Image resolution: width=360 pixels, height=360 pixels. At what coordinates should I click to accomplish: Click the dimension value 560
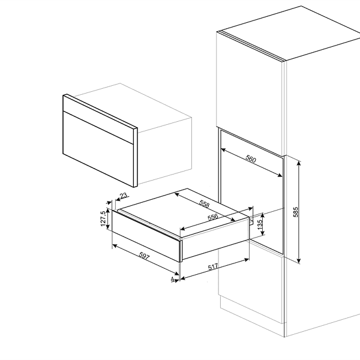[250, 159]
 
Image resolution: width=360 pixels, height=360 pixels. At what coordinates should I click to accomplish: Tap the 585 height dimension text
[296, 212]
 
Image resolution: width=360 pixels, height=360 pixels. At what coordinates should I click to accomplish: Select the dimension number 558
[204, 203]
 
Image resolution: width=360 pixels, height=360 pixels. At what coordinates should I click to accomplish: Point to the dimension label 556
[212, 217]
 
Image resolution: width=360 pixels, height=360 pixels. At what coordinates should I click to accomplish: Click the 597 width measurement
[144, 256]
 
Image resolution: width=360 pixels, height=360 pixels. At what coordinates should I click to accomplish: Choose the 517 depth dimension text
[213, 267]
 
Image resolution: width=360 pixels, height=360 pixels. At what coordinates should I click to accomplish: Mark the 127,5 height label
[103, 218]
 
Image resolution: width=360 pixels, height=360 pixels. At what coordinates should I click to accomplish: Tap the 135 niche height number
[260, 224]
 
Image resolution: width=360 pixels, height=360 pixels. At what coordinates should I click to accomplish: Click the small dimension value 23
[124, 196]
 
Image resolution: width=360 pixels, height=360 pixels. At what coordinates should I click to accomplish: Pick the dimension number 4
[172, 279]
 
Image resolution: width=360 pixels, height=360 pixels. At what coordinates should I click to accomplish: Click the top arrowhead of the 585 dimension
[299, 163]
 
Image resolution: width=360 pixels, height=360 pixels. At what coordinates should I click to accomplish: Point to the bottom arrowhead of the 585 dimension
[299, 261]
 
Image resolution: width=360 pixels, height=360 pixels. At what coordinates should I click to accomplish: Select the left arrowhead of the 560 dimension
[223, 149]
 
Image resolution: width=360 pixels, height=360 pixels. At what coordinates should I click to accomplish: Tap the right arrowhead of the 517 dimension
[247, 260]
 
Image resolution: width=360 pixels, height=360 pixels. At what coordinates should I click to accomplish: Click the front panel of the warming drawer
[146, 236]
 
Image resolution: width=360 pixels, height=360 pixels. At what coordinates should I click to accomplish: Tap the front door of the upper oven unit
[98, 149]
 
